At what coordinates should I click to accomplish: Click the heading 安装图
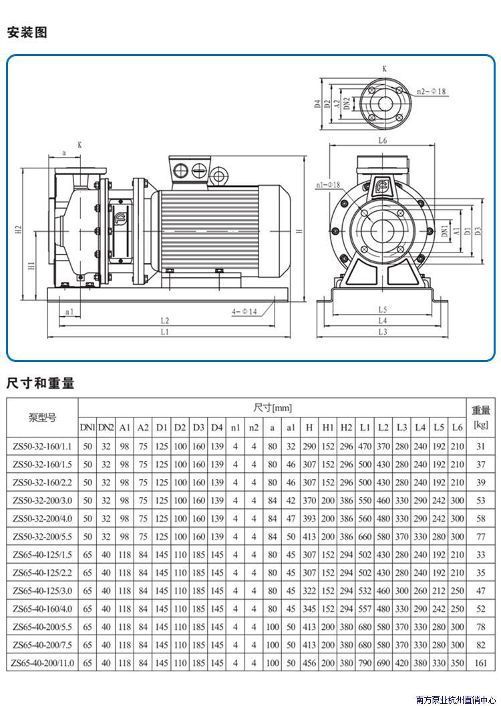pos(27,33)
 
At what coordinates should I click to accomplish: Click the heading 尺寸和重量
pos(40,383)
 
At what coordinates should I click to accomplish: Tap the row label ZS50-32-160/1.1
pos(42,447)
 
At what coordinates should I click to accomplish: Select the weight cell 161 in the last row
pos(481,663)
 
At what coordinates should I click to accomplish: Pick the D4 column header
pos(217,427)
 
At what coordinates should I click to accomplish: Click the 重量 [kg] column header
pos(481,417)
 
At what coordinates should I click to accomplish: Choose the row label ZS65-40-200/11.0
pos(42,663)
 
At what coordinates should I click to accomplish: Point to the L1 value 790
pos(365,663)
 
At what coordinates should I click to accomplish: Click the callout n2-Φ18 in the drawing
pos(431,92)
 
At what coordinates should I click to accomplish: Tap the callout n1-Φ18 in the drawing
pos(328,184)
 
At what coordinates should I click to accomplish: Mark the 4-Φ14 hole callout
pos(244,311)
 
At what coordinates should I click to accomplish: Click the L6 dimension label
pos(382,140)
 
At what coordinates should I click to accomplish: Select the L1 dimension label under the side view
pos(165,332)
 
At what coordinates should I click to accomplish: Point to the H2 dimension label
pos(19,231)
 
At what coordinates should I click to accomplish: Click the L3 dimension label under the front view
pos(383,332)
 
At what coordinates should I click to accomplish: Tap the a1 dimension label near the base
pos(69,311)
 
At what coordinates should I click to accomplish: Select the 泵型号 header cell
pos(42,417)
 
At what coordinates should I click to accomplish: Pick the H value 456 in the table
pos(309,663)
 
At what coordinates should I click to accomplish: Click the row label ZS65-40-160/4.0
pos(42,608)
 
